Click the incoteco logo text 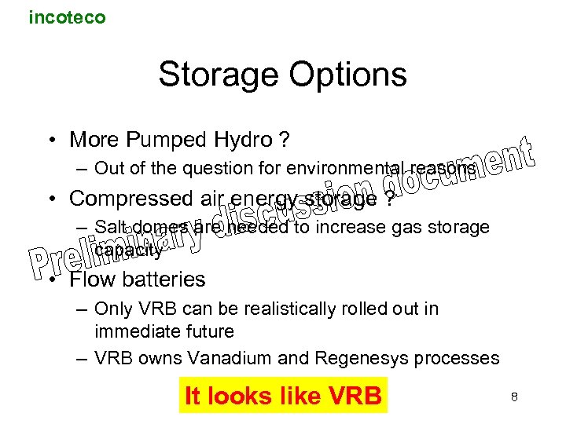coord(67,16)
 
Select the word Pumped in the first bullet coord(160,140)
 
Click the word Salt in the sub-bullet coord(109,228)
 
